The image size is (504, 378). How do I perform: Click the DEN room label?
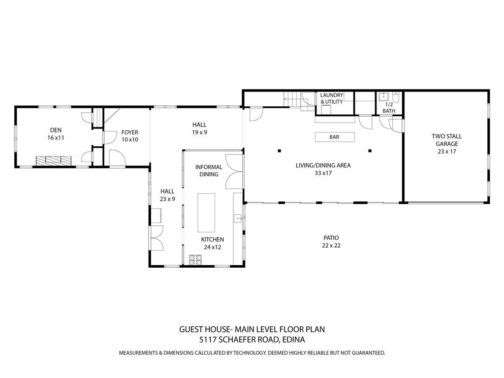[56, 134]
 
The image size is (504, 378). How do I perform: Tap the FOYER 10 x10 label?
[130, 136]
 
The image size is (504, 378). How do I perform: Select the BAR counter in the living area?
[334, 137]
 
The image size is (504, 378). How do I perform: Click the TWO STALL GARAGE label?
[446, 144]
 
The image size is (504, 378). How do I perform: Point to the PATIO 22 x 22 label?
[331, 241]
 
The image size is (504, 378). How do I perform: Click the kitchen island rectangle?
[207, 212]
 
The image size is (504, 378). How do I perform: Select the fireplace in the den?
[53, 160]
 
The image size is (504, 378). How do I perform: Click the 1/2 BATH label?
[389, 108]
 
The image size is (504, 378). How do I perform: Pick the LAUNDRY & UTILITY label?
[332, 98]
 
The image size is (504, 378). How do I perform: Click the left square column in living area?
[279, 151]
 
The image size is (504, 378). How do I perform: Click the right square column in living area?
[370, 151]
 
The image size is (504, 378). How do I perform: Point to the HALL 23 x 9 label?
[167, 195]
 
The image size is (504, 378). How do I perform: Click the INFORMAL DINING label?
[209, 170]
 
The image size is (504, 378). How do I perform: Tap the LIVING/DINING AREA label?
[323, 169]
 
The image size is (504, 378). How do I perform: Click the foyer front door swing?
[117, 158]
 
